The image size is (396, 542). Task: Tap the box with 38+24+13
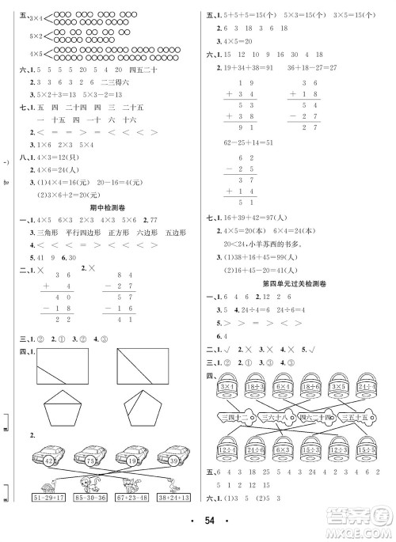coord(173,498)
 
